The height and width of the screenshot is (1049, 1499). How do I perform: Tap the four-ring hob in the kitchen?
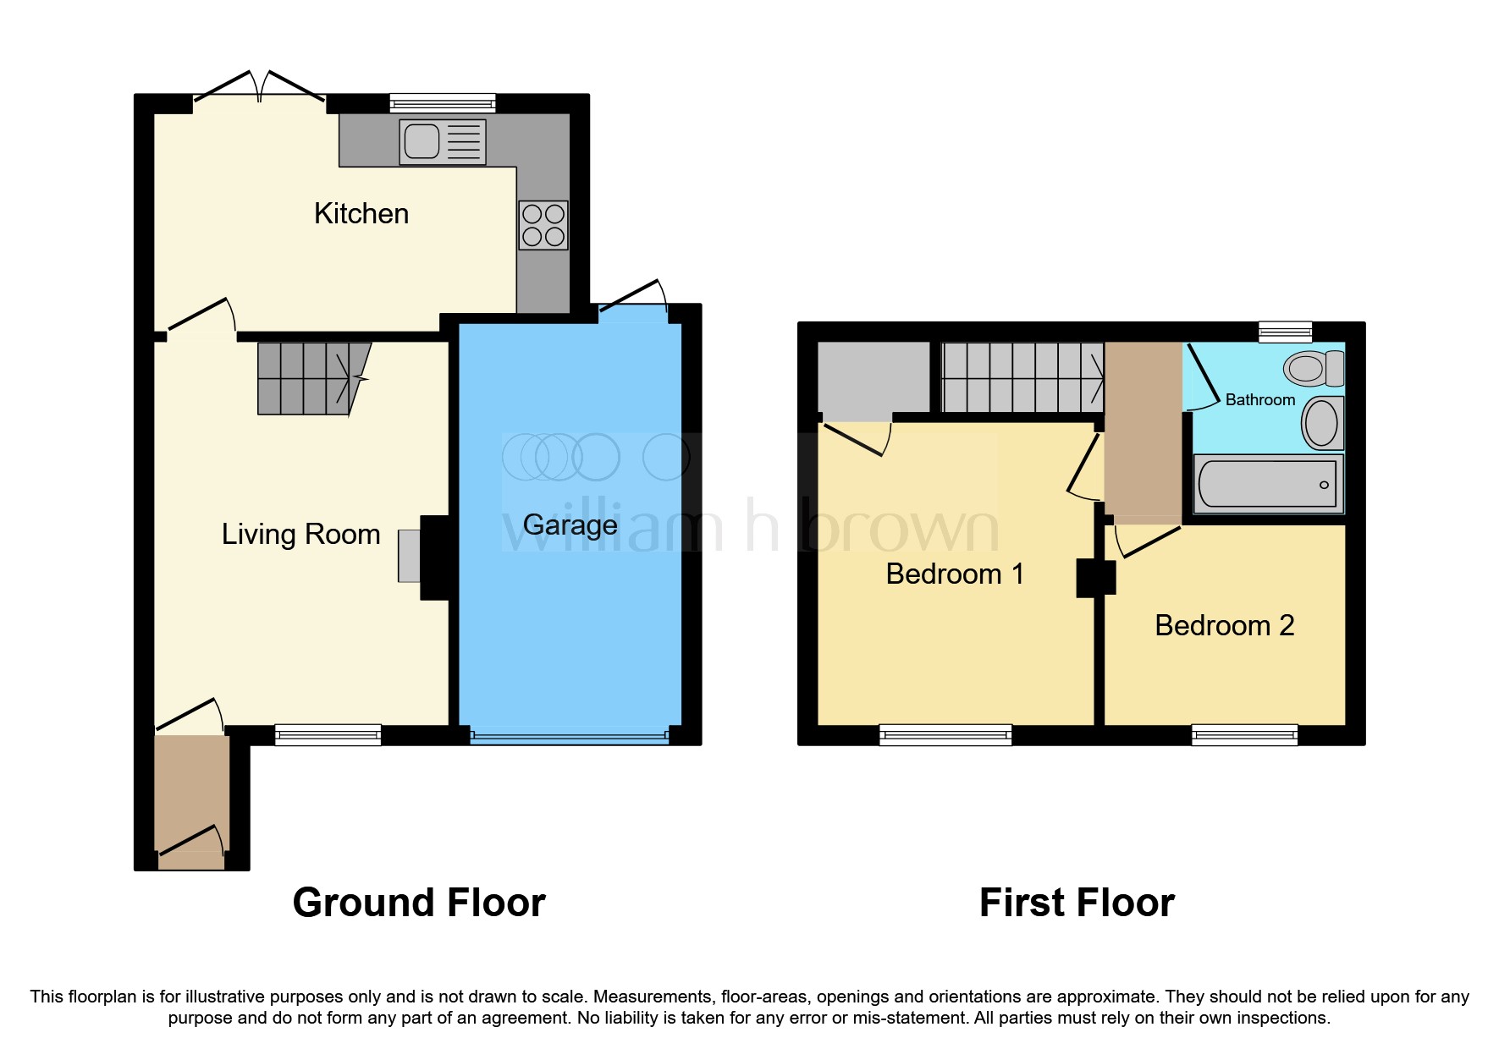click(x=543, y=225)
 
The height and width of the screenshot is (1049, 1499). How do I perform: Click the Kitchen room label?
click(x=361, y=214)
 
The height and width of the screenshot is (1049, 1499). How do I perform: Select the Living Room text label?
click(x=300, y=535)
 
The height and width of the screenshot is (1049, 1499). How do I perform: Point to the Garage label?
click(x=570, y=525)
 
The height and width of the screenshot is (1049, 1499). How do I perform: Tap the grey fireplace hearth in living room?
click(x=409, y=556)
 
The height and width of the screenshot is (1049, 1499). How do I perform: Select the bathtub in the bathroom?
click(x=1267, y=484)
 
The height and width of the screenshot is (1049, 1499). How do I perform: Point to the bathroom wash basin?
click(x=1321, y=422)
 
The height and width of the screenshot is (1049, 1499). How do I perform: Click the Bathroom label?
click(x=1259, y=400)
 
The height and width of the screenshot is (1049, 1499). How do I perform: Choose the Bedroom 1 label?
click(x=955, y=574)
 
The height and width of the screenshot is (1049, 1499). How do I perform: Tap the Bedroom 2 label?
click(x=1224, y=626)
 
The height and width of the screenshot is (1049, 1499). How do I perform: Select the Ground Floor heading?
click(x=419, y=903)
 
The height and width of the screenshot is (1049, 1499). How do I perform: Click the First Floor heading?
click(x=1077, y=903)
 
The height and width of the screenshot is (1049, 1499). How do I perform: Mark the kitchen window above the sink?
click(x=442, y=103)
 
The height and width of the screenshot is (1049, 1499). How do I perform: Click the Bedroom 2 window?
click(x=1244, y=734)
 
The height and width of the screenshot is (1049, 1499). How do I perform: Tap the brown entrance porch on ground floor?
click(x=191, y=795)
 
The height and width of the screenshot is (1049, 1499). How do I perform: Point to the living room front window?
click(x=328, y=734)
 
